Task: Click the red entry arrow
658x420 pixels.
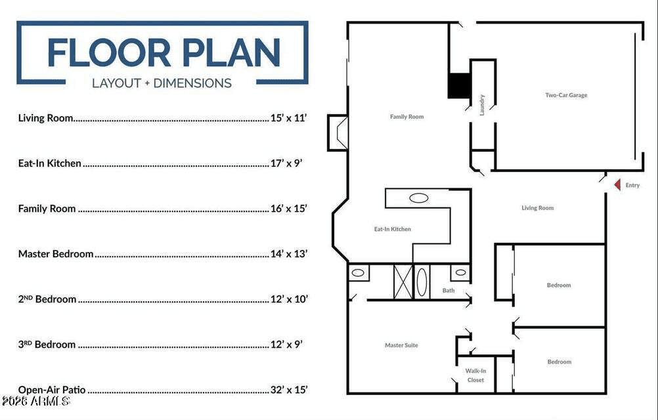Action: coord(618,184)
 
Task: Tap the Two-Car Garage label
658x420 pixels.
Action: coord(566,95)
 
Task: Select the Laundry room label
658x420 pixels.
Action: coord(482,105)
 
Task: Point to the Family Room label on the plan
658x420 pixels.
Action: coord(406,117)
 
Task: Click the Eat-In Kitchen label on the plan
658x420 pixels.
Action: coord(392,229)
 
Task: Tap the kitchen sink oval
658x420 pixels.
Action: coord(419,198)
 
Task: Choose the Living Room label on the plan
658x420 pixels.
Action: coord(538,208)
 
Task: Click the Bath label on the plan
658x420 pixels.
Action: coord(448,290)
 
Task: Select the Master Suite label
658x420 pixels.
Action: coord(401,345)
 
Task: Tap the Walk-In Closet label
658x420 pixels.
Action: coord(475,375)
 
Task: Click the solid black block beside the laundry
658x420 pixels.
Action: coord(459,86)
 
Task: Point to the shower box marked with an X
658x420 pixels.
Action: coord(403,282)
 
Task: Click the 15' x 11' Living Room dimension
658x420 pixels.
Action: coord(288,117)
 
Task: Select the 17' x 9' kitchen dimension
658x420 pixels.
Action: coord(286,163)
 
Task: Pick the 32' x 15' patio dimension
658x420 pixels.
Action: coord(289,389)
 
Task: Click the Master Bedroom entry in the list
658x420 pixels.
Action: coord(56,253)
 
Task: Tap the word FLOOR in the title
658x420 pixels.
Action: coord(109,52)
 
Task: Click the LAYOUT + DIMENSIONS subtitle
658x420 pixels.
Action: coord(162,83)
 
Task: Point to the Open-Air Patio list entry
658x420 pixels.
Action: coord(52,390)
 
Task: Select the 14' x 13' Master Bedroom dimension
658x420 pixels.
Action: coord(289,253)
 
